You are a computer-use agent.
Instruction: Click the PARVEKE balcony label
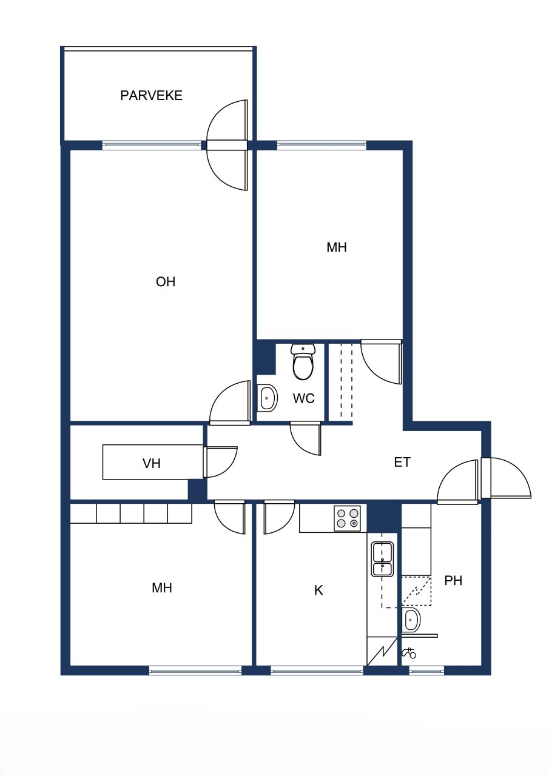151,95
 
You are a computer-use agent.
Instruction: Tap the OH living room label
165,282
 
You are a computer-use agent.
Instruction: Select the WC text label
303,398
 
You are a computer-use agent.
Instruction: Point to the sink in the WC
267,398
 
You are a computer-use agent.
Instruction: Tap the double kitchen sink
382,559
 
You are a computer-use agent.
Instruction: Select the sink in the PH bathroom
412,621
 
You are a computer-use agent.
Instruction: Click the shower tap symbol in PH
409,653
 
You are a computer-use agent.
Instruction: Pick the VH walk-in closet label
152,464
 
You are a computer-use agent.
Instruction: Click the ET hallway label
402,463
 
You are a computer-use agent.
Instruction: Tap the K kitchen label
318,590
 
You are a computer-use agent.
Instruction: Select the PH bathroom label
453,581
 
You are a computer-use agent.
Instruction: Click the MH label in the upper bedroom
337,247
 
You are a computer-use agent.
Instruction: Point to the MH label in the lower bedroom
162,588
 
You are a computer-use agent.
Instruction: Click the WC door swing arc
305,438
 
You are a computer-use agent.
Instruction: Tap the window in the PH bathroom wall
426,671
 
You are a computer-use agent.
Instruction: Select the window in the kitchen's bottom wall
317,671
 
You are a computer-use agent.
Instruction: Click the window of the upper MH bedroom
322,145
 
